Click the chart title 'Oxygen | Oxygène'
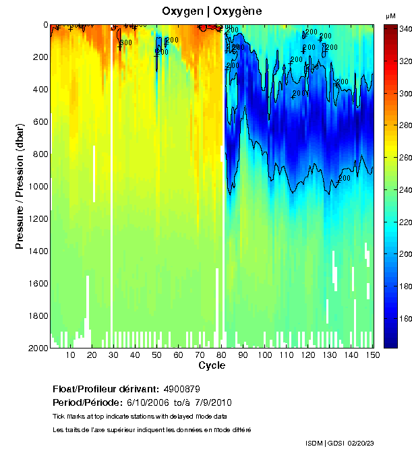pyautogui.click(x=212, y=11)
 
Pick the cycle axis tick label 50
pyautogui.click(x=156, y=355)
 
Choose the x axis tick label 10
pyautogui.click(x=70, y=355)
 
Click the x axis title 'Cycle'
pyautogui.click(x=212, y=365)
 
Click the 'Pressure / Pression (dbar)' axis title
pyautogui.click(x=20, y=186)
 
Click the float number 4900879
pyautogui.click(x=181, y=389)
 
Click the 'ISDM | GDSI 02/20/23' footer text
pyautogui.click(x=339, y=443)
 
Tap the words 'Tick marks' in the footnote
pyautogui.click(x=69, y=417)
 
